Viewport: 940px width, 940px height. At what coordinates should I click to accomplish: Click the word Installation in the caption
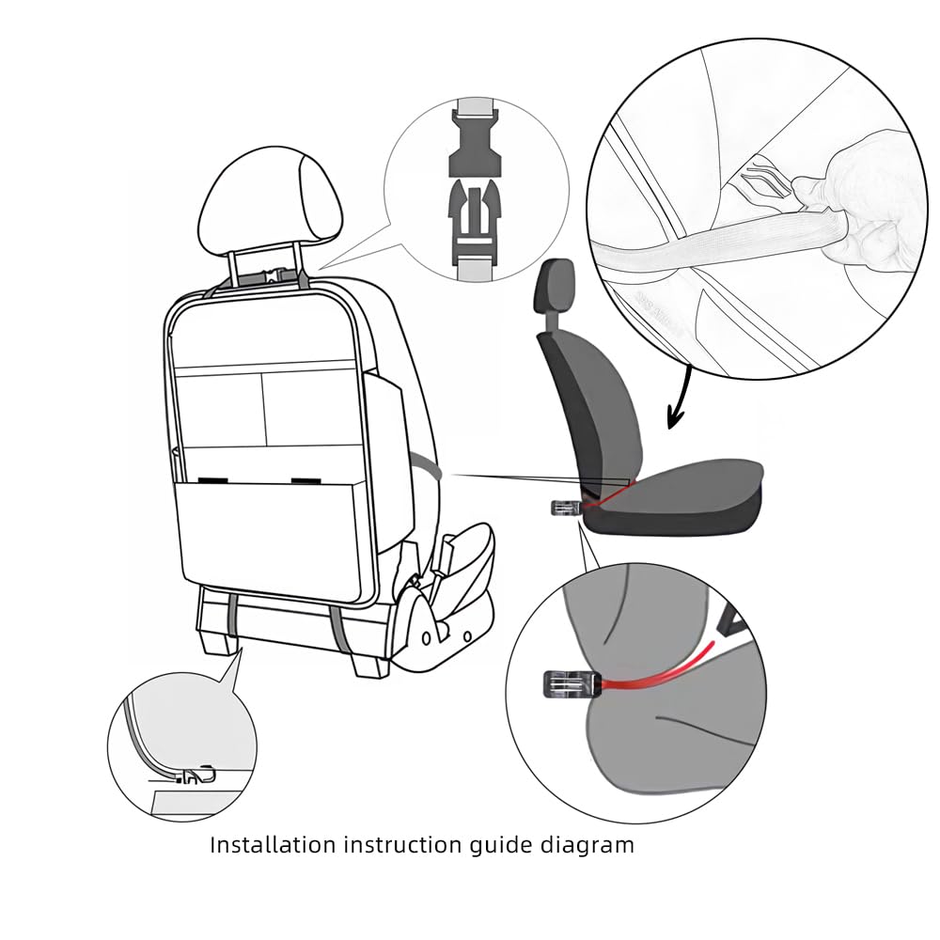click(x=273, y=844)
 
